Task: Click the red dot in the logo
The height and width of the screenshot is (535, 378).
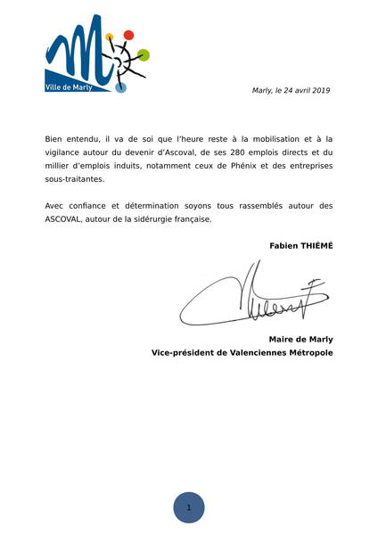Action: [128, 35]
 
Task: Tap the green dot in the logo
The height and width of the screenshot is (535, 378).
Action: [144, 54]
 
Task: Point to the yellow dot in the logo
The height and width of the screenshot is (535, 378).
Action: [110, 37]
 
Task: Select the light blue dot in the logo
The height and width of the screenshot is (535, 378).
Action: [121, 87]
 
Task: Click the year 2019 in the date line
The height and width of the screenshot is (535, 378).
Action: [321, 90]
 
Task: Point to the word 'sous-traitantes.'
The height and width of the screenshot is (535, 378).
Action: [74, 178]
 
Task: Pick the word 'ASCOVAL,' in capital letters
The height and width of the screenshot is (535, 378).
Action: [67, 218]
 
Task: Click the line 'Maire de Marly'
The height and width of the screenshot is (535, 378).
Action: [300, 339]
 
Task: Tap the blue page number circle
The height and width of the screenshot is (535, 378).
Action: [189, 506]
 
